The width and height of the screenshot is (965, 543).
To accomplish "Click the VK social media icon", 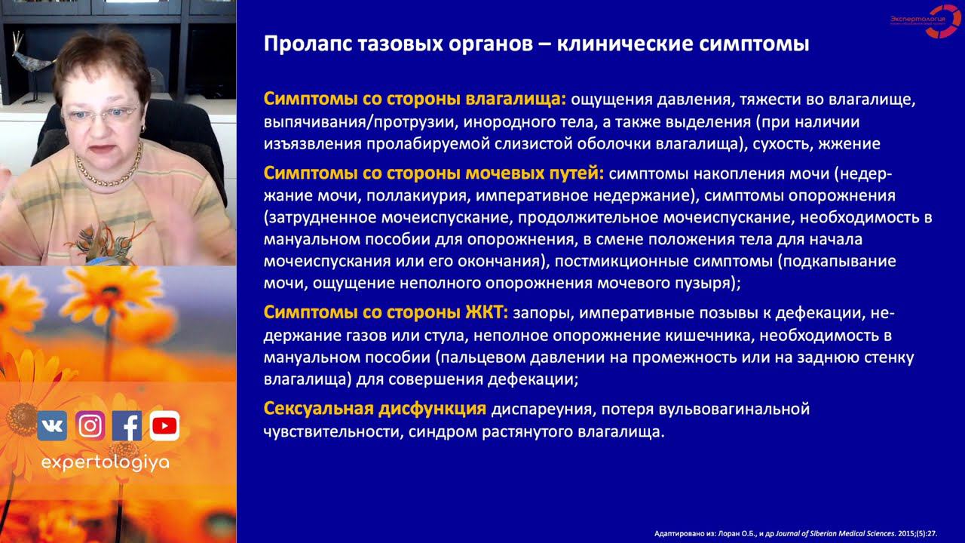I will click(52, 426).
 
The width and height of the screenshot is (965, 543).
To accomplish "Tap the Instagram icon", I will click(90, 426).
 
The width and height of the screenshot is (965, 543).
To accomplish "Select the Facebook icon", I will click(127, 426).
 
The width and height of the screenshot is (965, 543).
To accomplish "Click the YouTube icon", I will click(164, 426).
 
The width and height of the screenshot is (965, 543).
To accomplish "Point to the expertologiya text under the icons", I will click(106, 463).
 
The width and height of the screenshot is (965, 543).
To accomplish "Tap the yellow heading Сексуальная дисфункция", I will click(374, 410).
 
